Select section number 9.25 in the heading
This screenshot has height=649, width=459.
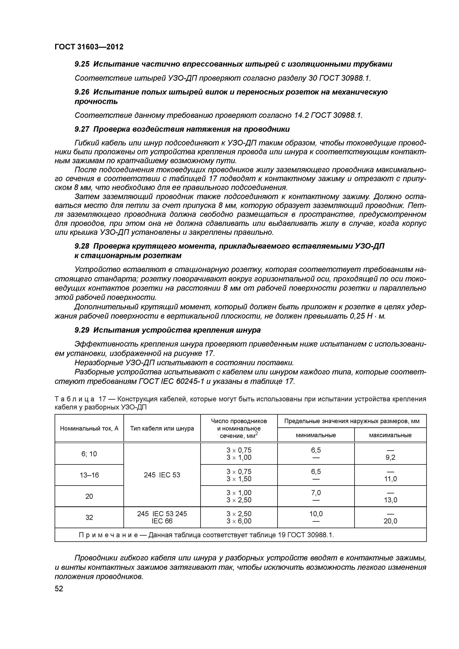click(x=82, y=64)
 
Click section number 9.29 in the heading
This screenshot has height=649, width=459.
click(x=82, y=330)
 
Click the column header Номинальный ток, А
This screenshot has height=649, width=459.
click(x=89, y=428)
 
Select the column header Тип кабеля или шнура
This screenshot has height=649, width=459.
click(x=162, y=428)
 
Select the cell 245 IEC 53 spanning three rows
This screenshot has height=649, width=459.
click(x=162, y=475)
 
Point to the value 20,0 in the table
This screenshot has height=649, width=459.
click(x=390, y=521)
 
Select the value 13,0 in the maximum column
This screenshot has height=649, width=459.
click(x=390, y=500)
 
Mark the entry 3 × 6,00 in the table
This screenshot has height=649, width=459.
click(x=239, y=521)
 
